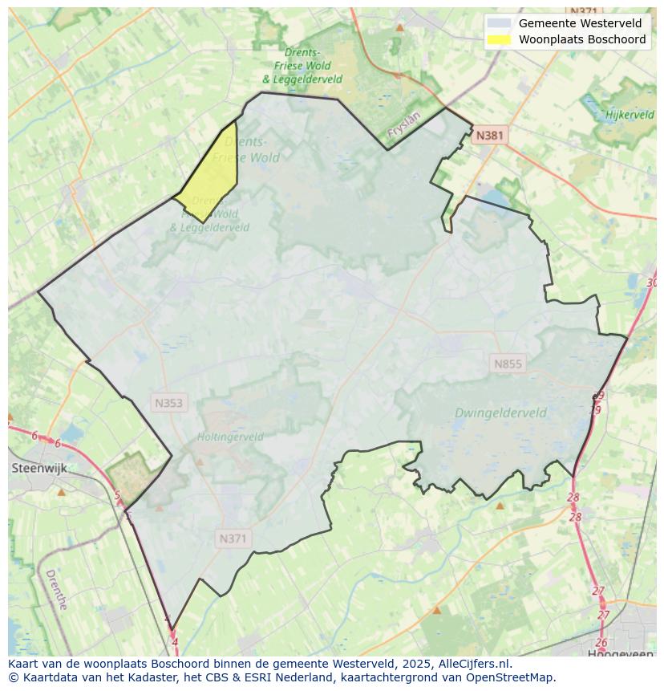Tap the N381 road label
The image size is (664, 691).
[489, 135]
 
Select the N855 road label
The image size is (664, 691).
[508, 364]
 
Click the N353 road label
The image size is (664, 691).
[169, 403]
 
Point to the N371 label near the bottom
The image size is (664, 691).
[233, 539]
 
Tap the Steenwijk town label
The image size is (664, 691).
[37, 467]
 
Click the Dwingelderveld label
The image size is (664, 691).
[500, 413]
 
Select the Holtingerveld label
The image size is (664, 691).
[230, 437]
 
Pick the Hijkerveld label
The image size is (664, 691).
[630, 115]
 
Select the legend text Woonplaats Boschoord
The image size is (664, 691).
[582, 39]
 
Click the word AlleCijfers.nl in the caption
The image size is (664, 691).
[472, 664]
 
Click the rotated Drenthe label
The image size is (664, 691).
[56, 590]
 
